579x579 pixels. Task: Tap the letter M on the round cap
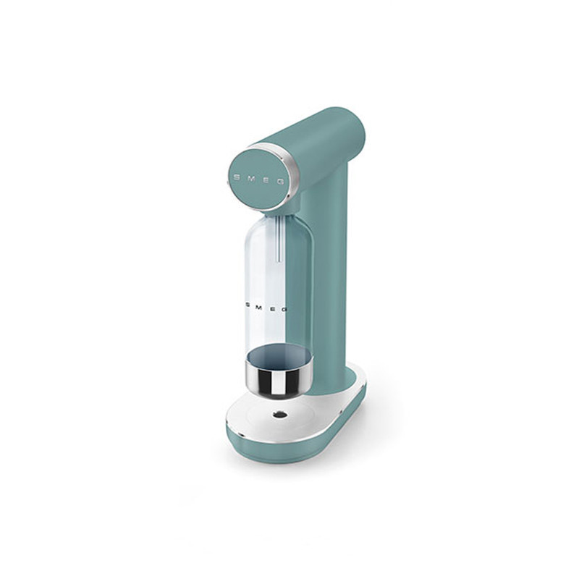251,178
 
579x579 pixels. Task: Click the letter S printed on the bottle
248,305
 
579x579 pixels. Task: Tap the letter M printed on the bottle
259,306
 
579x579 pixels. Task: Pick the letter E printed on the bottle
272,308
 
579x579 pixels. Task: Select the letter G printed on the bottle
284,309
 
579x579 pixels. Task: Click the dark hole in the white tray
279,415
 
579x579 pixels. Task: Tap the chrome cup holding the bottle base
279,376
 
